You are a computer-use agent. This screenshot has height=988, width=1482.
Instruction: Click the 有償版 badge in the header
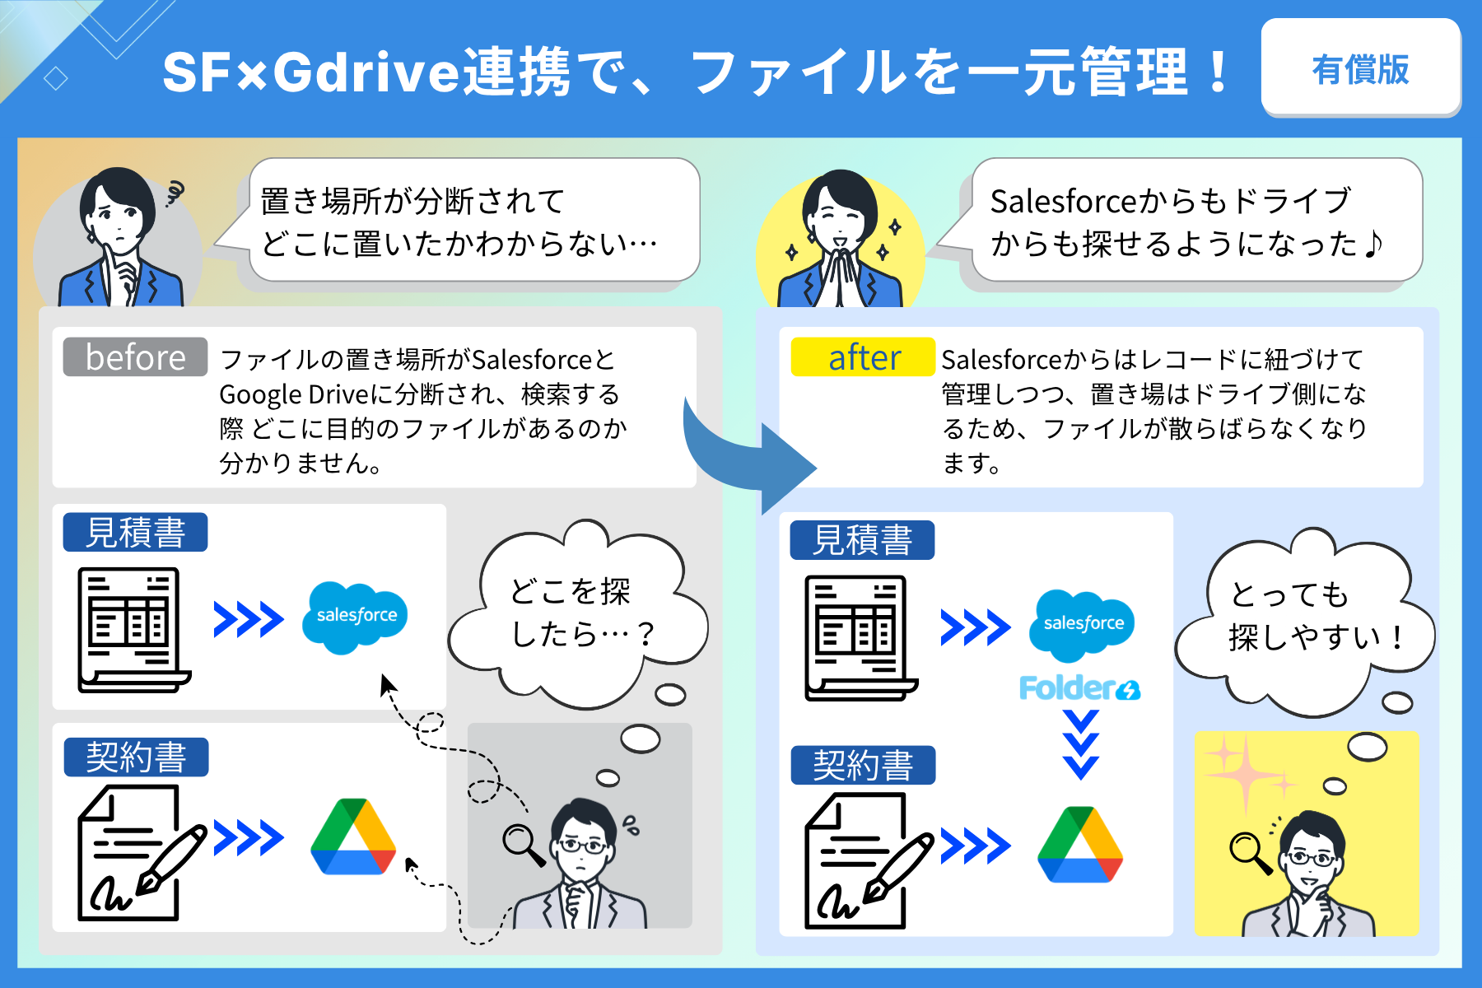1361,68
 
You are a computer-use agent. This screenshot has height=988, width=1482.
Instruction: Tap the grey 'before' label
135,357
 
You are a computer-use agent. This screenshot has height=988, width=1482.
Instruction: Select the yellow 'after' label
863,357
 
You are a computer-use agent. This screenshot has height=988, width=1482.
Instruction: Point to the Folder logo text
1079,687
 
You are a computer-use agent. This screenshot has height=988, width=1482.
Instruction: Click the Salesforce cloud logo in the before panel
356,617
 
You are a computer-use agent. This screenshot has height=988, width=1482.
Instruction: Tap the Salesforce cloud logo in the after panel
1083,626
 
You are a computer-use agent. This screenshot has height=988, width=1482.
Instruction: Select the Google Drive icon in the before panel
354,837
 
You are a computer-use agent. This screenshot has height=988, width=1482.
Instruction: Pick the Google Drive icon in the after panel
1080,845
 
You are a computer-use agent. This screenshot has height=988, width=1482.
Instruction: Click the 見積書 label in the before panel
136,532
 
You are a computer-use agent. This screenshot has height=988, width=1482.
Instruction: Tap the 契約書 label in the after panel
863,765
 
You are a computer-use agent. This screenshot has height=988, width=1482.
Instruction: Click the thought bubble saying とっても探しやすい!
1305,622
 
